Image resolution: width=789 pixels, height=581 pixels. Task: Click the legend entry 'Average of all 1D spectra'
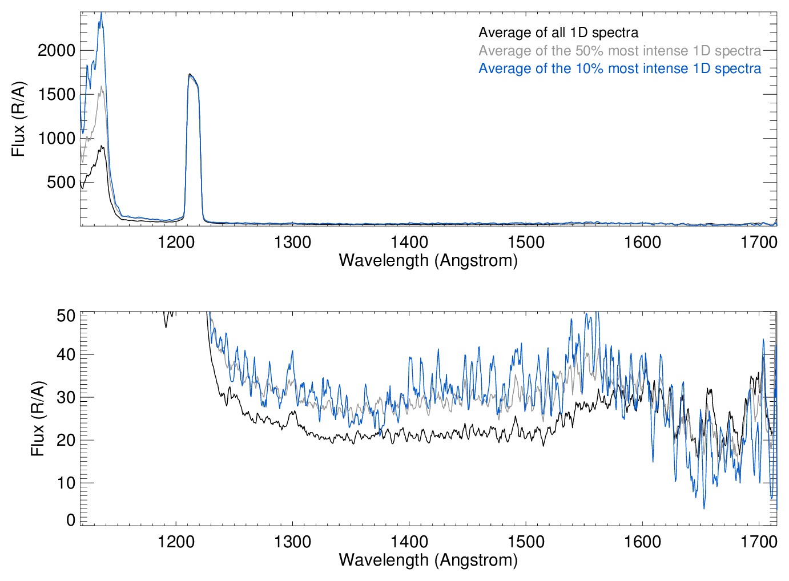pos(558,33)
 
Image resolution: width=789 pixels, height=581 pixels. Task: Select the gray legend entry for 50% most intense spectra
pos(619,51)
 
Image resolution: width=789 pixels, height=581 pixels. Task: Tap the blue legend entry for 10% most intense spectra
pos(619,68)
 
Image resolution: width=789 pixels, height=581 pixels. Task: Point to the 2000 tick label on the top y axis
pos(57,50)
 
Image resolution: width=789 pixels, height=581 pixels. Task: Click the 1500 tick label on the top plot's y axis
pos(57,94)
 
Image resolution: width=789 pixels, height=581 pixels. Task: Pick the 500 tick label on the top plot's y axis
pos(61,182)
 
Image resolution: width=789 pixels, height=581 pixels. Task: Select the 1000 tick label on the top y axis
pos(57,138)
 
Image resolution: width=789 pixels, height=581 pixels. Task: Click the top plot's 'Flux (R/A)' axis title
pos(19,119)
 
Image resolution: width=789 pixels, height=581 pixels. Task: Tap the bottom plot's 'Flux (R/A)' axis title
pos(38,419)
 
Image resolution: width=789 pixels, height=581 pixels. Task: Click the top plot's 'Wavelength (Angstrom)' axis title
pos(428,260)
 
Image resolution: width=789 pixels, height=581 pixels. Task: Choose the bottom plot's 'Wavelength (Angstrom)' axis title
pos(428,560)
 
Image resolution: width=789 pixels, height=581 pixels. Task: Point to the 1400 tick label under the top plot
pos(409,242)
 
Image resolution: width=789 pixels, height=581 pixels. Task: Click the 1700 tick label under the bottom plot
pos(759,541)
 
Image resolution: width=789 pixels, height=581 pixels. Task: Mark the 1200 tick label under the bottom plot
pos(176,541)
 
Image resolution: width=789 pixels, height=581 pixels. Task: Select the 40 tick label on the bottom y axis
pos(66,354)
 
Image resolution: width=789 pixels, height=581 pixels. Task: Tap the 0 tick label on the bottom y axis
pos(71,520)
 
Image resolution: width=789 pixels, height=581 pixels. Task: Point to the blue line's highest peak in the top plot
pos(101,14)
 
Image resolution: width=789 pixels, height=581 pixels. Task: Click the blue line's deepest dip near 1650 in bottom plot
pos(704,507)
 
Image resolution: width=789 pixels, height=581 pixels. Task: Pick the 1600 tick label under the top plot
pos(642,242)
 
